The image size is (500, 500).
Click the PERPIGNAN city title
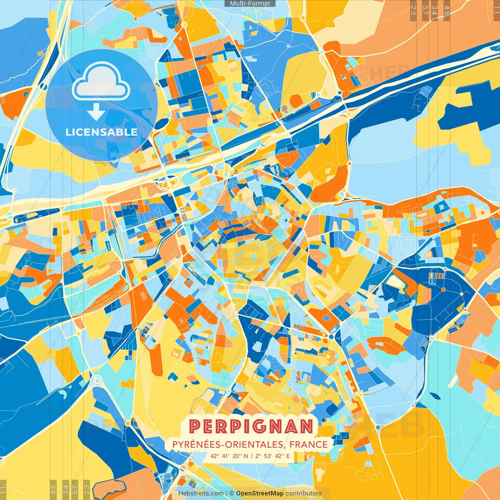pyautogui.click(x=251, y=427)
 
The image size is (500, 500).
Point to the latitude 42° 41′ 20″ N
pyautogui.click(x=229, y=456)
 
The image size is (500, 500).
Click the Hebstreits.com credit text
pyautogui.click(x=201, y=493)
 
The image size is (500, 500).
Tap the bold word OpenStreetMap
pyautogui.click(x=260, y=493)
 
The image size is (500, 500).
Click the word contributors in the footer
pyautogui.click(x=304, y=493)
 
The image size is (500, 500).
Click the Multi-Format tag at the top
pyautogui.click(x=250, y=4)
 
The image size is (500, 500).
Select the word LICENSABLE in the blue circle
pyautogui.click(x=102, y=132)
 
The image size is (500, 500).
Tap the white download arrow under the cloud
pyautogui.click(x=96, y=112)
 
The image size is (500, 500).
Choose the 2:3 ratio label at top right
pyautogui.click(x=413, y=10)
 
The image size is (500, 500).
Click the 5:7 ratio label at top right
pyautogui.click(x=425, y=10)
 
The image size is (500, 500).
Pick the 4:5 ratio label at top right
pyautogui.click(x=447, y=10)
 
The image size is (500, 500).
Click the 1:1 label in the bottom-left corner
pyautogui.click(x=4, y=491)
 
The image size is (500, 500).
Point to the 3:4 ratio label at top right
pyautogui.click(x=434, y=10)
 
